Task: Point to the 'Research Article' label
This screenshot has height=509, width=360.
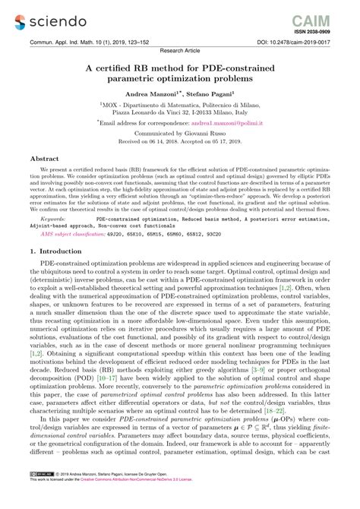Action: click(180, 52)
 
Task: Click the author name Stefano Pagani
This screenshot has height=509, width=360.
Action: click(215, 93)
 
